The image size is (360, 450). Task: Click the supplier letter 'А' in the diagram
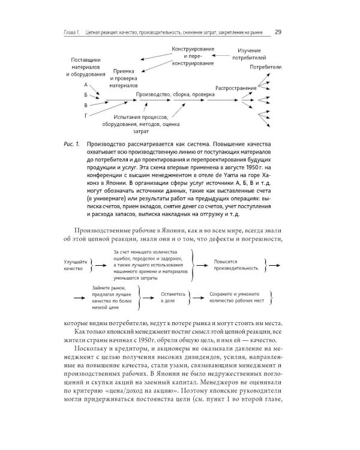[x=86, y=86]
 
